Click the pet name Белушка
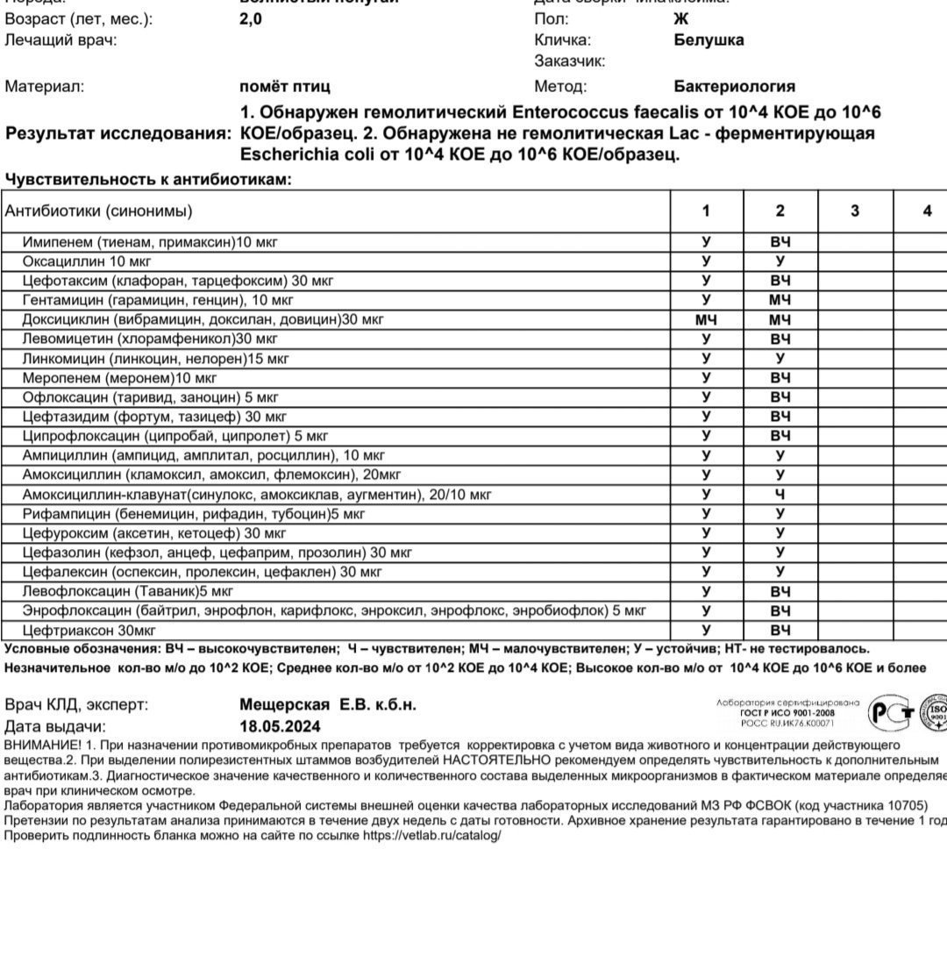(708, 39)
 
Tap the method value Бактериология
(734, 86)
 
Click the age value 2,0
(250, 18)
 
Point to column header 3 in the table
(855, 210)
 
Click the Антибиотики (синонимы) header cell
(99, 210)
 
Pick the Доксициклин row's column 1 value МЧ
(706, 320)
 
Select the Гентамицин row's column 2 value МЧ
(780, 301)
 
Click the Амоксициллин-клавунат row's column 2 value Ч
(780, 495)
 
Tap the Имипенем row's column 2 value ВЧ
(780, 242)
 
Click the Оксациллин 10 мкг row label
(87, 261)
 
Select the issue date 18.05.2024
(280, 726)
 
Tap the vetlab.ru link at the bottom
(431, 836)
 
